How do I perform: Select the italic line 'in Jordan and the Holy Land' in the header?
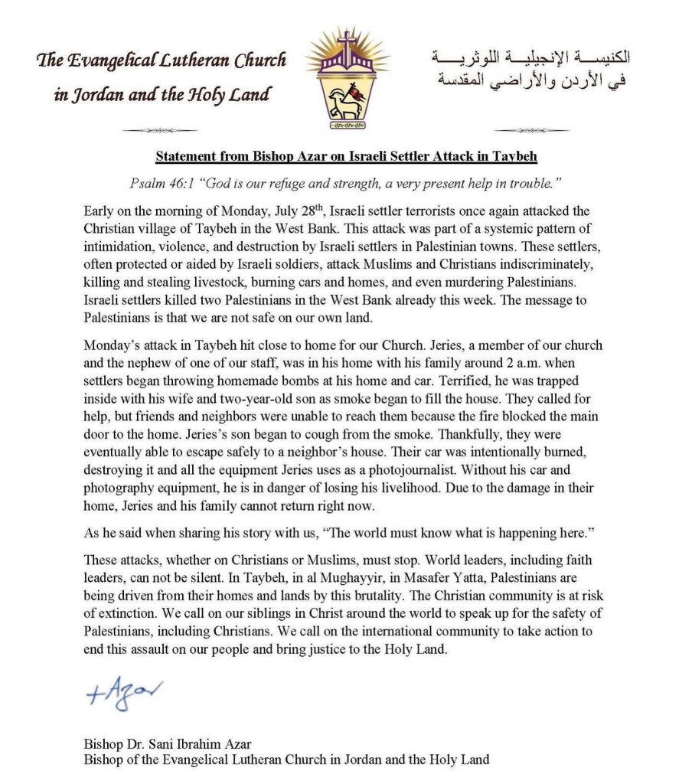[162, 96]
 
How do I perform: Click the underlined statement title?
[346, 156]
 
